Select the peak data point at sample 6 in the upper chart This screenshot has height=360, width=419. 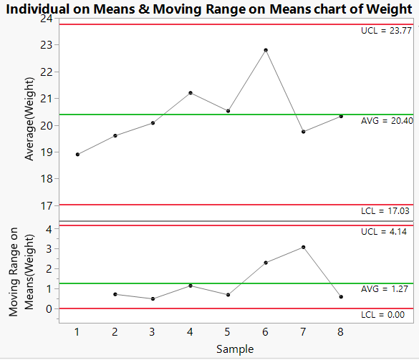tap(266, 50)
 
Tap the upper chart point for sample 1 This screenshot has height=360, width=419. tap(77, 154)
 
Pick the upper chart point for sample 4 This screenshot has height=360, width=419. tap(191, 92)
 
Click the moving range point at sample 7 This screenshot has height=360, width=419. tap(304, 247)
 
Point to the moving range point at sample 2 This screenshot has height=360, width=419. tap(115, 294)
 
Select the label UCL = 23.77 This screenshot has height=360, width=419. tap(386, 31)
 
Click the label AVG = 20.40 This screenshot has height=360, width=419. tap(386, 121)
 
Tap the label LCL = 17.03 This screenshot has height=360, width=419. tap(386, 211)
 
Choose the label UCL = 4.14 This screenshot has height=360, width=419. tap(386, 233)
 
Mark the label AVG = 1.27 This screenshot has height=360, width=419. tap(386, 289)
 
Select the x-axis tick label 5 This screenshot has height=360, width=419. tap(228, 332)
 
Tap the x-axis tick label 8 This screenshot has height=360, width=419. tap(341, 332)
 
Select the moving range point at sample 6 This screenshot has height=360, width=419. tap(266, 263)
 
